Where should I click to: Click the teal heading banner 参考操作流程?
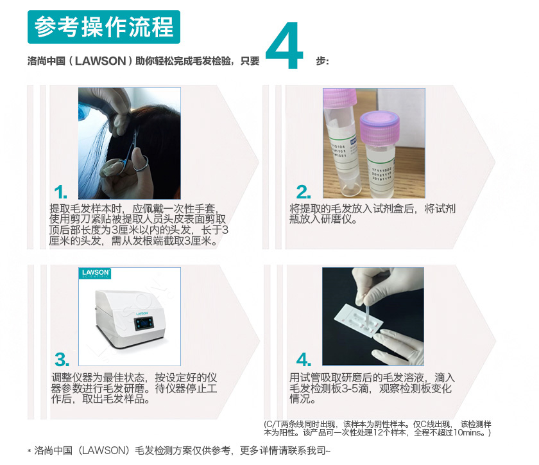pyautogui.click(x=104, y=27)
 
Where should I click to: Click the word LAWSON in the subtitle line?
pyautogui.click(x=103, y=62)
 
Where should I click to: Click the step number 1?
pyautogui.click(x=61, y=192)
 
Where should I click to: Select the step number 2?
pyautogui.click(x=303, y=191)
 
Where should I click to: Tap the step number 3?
pyautogui.click(x=62, y=359)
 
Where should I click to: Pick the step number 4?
pyautogui.click(x=303, y=359)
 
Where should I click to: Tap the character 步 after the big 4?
pyautogui.click(x=322, y=62)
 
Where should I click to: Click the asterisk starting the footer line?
pyautogui.click(x=29, y=452)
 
